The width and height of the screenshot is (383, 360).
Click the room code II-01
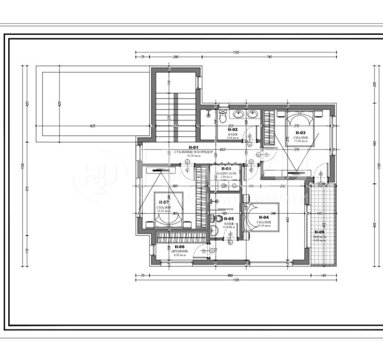click(193, 148)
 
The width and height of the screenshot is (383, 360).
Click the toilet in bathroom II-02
click(223, 116)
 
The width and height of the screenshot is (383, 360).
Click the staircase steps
click(175, 105)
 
